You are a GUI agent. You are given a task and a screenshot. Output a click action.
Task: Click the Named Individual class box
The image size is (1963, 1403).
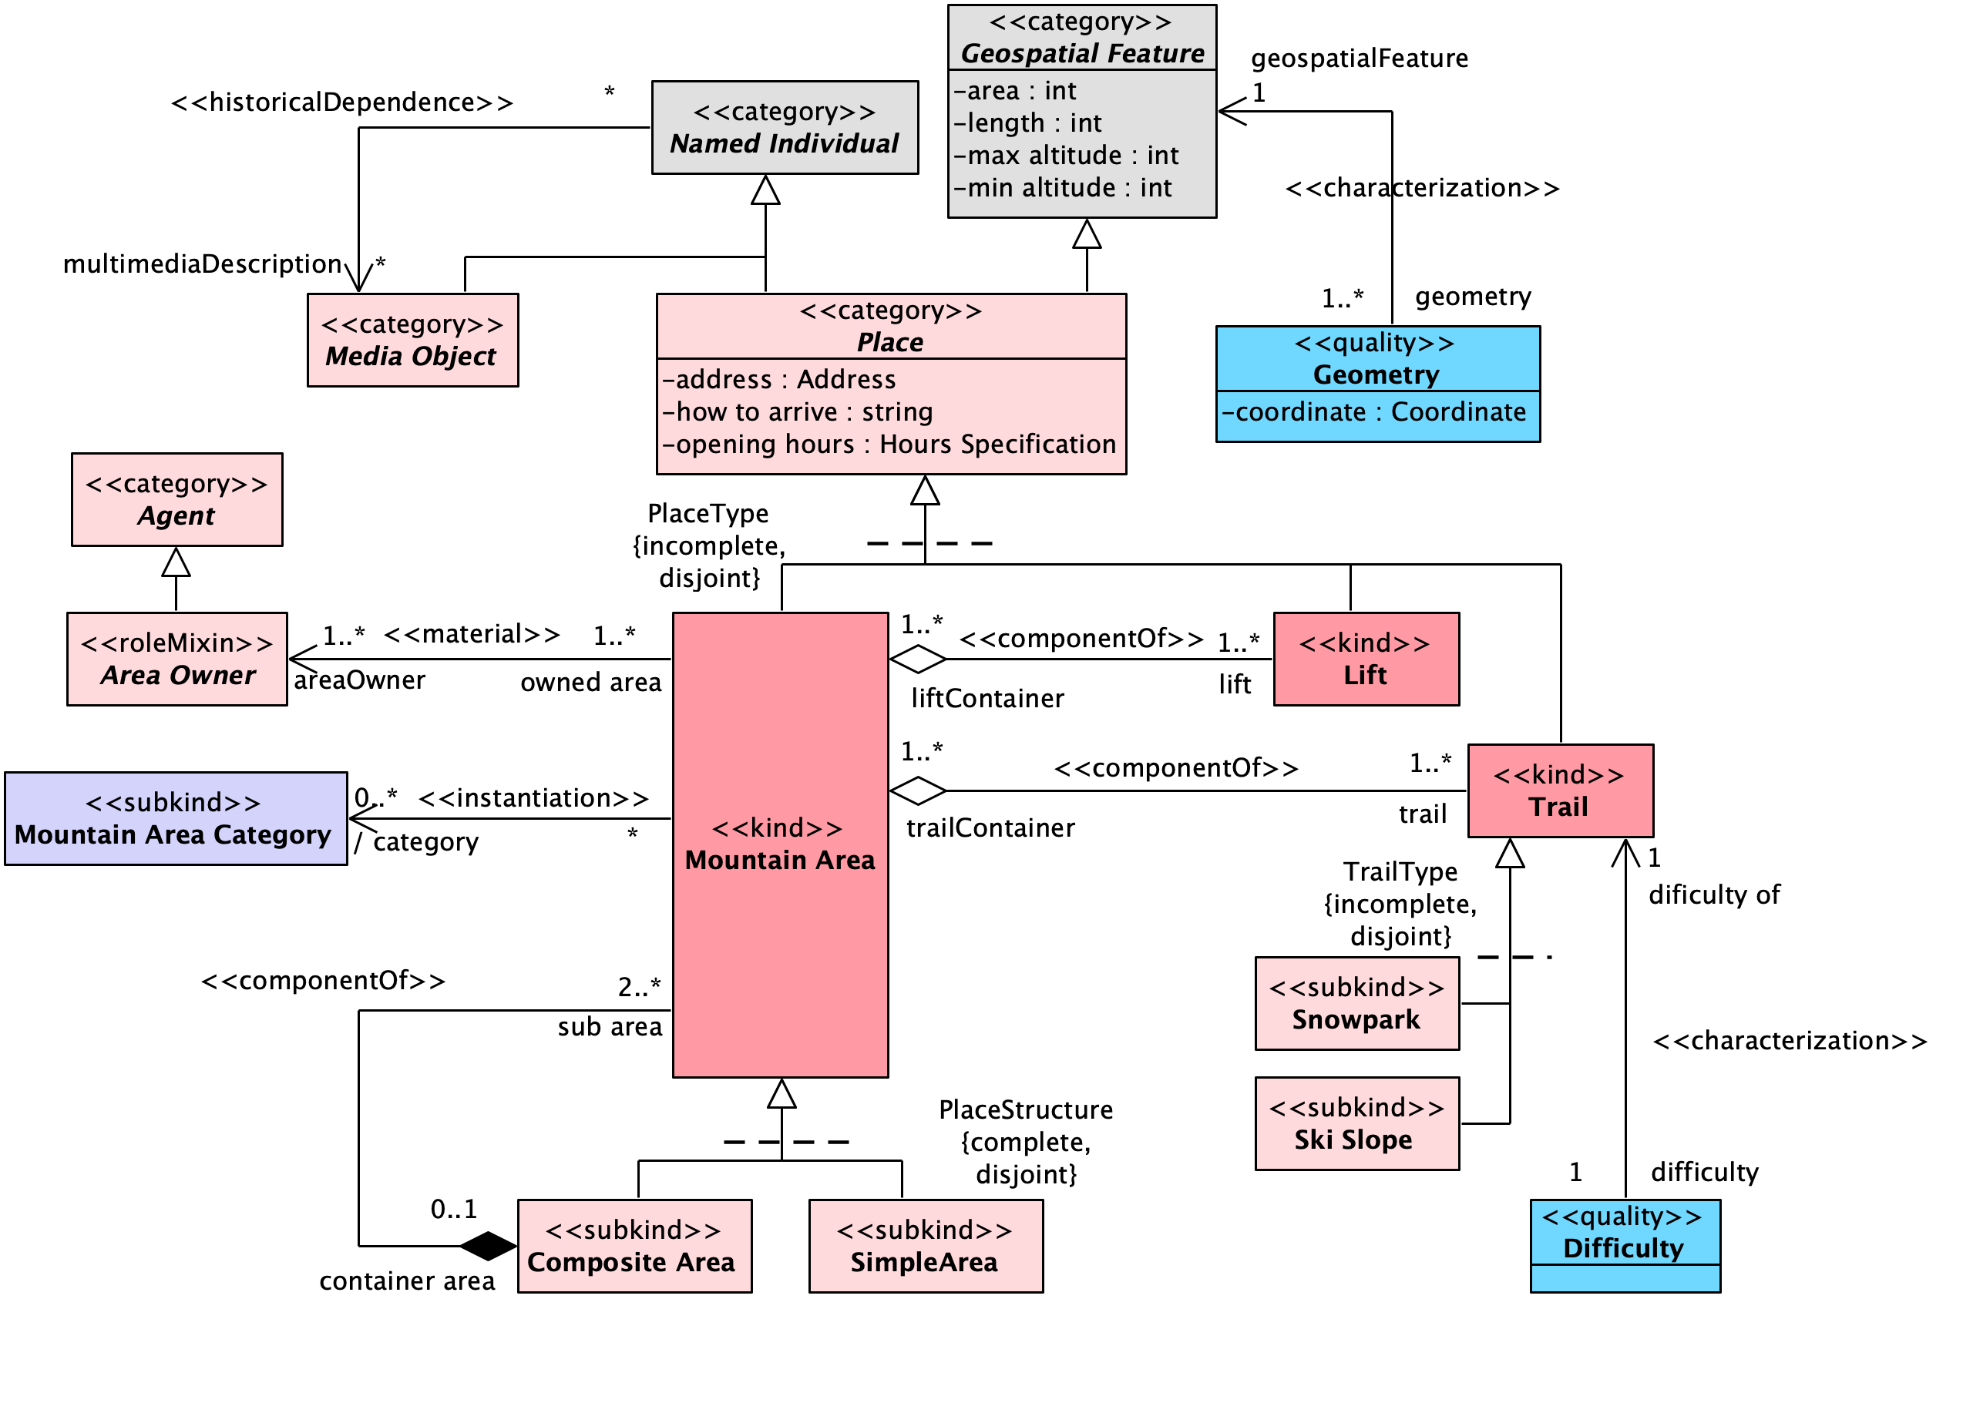[x=785, y=128]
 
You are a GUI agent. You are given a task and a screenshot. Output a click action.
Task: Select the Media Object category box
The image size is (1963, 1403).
[x=413, y=341]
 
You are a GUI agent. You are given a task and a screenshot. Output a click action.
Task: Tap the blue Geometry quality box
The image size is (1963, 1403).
[x=1377, y=384]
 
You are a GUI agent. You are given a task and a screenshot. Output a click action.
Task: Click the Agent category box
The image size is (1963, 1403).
[x=177, y=499]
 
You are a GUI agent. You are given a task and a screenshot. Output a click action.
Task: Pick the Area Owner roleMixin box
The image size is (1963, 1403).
[x=177, y=660]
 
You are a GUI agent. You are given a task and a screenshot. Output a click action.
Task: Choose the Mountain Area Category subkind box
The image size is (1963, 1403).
[x=176, y=818]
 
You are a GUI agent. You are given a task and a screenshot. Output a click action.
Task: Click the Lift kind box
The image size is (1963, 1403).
[x=1366, y=660]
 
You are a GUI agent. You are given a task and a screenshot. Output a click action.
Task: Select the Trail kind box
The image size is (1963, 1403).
[x=1561, y=790]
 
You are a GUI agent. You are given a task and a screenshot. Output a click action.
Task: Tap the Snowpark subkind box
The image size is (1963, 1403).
[x=1356, y=1003]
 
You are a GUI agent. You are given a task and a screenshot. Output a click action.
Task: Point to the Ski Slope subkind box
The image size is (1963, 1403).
[x=1356, y=1123]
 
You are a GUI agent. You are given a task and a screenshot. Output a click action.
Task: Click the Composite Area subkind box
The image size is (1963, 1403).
[x=635, y=1246]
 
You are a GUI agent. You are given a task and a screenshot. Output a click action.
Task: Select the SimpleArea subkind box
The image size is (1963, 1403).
[x=926, y=1246]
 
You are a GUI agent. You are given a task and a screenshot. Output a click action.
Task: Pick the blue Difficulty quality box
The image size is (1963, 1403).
[x=1625, y=1246]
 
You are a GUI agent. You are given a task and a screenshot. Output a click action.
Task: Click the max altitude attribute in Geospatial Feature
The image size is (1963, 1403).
[x=1066, y=156]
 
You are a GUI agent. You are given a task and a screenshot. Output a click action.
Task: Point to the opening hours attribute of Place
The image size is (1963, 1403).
[x=889, y=444]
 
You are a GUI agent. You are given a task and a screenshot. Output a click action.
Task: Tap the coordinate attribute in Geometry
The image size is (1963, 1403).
[x=1373, y=412]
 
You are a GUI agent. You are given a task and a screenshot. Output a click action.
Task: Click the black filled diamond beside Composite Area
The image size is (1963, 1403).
[x=488, y=1246]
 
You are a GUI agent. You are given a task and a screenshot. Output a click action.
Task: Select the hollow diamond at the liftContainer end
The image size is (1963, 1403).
[x=918, y=660]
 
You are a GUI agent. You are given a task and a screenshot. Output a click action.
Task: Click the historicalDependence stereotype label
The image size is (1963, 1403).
[x=342, y=102]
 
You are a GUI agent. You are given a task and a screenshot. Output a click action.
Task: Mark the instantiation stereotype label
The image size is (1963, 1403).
[x=533, y=798]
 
